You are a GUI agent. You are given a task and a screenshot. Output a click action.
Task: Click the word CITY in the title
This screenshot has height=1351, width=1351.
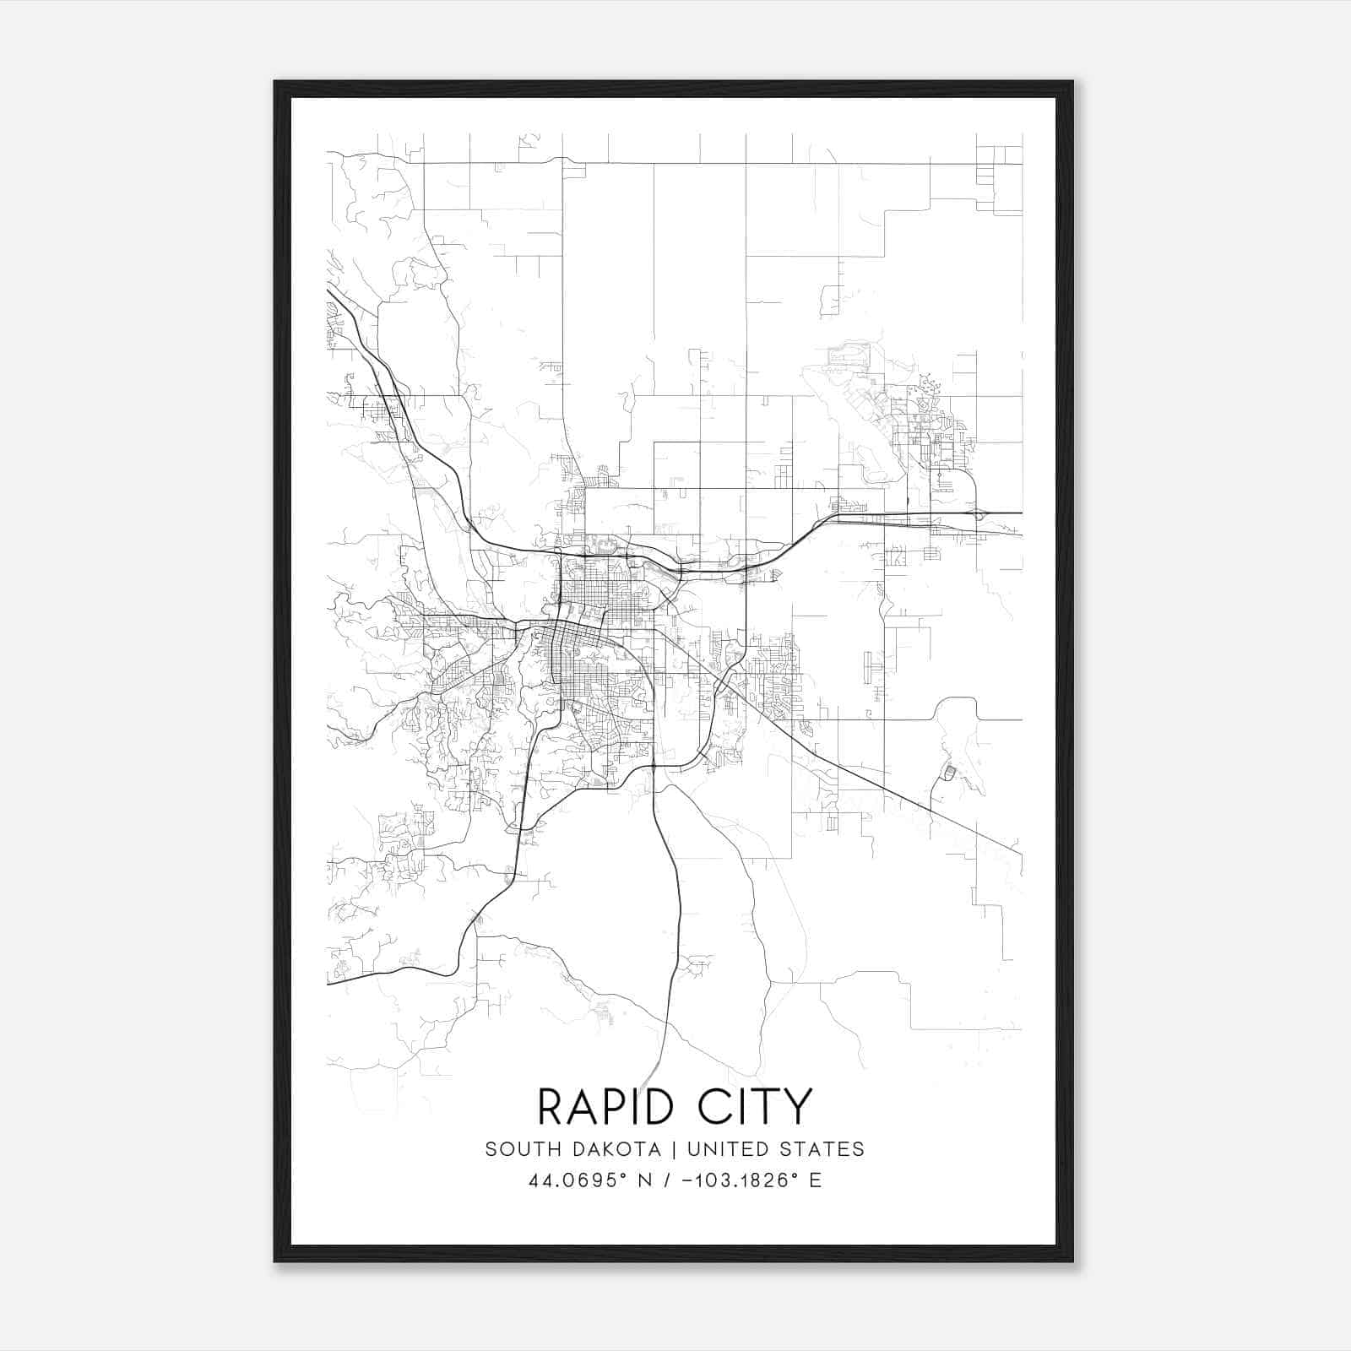pyautogui.click(x=755, y=1107)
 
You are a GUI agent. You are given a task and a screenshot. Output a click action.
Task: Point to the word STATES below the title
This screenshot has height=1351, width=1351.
pyautogui.click(x=822, y=1149)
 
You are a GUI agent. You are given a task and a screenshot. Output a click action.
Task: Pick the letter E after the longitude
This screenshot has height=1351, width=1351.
pyautogui.click(x=815, y=1180)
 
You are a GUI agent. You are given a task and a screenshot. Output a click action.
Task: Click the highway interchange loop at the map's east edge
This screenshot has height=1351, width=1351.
pyautogui.click(x=979, y=513)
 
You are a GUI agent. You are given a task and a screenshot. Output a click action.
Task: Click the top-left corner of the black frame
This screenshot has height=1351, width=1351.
pyautogui.click(x=275, y=82)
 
